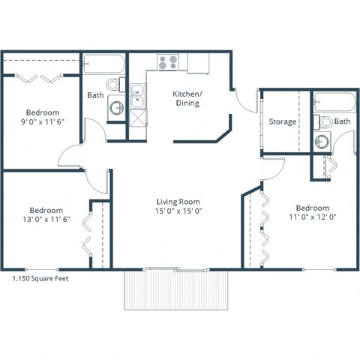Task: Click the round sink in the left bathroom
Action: (x=116, y=108)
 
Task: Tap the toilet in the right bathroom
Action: (x=325, y=121)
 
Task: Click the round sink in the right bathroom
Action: (x=322, y=142)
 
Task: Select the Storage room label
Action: (x=283, y=121)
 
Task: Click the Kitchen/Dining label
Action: (x=187, y=98)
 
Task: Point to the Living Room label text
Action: (x=178, y=202)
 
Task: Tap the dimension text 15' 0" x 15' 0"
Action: (x=178, y=211)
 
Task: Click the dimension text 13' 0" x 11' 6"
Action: (x=46, y=220)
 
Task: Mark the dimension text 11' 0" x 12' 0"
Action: (x=312, y=217)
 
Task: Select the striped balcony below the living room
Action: (x=176, y=289)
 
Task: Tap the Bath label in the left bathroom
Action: (x=95, y=95)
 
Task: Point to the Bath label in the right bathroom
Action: (x=342, y=121)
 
